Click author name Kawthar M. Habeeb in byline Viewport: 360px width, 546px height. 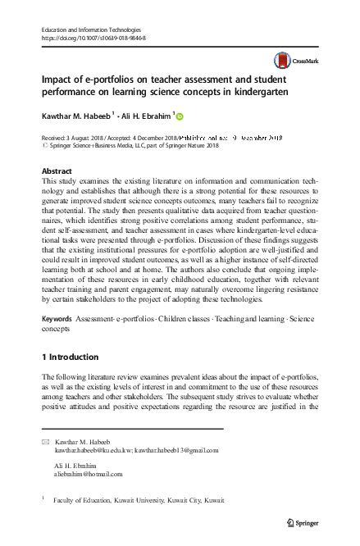(73, 116)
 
